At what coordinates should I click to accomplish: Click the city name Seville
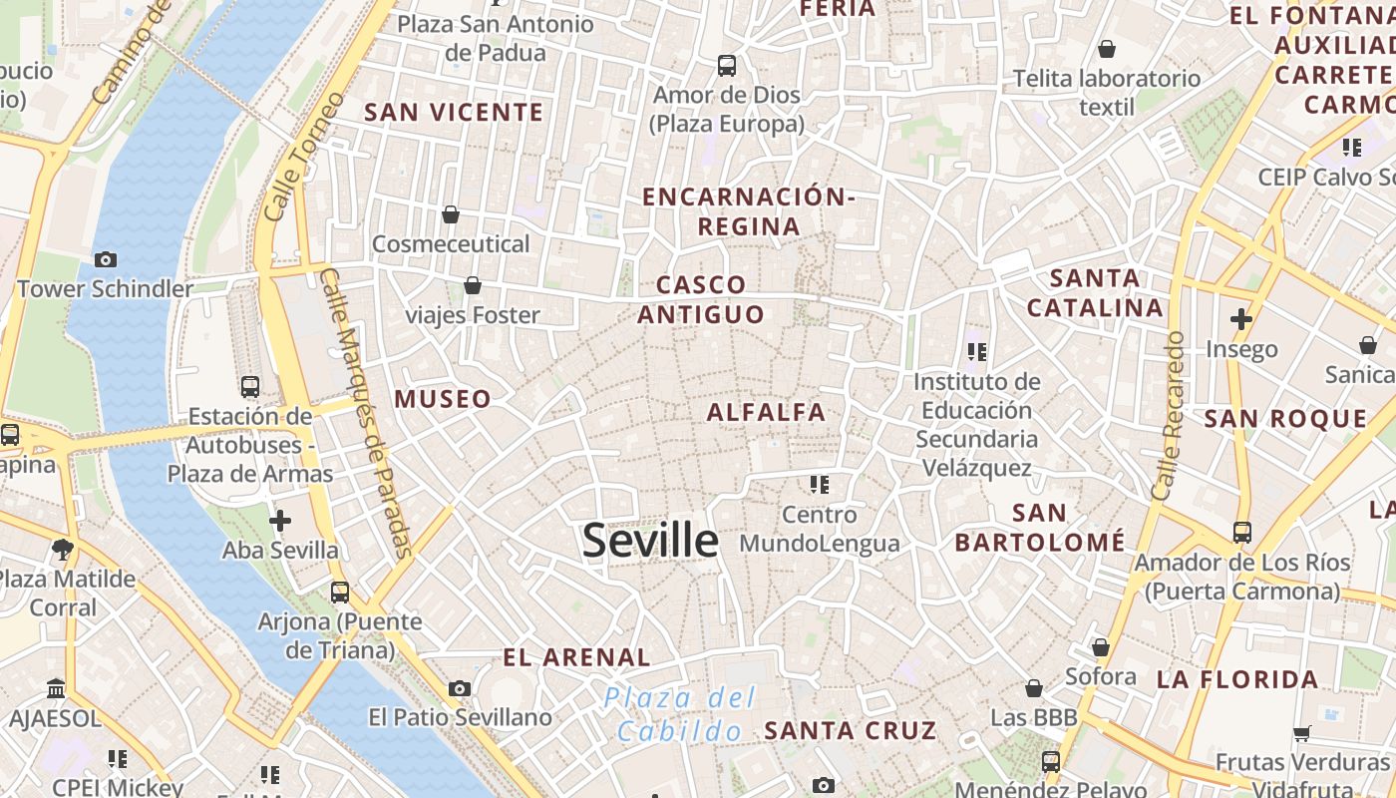[x=650, y=541]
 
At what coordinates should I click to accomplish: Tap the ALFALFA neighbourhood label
[x=766, y=412]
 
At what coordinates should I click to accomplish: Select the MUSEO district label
[x=443, y=400]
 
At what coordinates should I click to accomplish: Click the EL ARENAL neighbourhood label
[x=576, y=657]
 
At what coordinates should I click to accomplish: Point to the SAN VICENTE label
[x=454, y=113]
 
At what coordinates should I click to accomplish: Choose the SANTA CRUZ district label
[x=851, y=730]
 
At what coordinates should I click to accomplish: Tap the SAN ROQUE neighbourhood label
[x=1285, y=419]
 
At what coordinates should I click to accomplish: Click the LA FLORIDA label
[x=1237, y=680]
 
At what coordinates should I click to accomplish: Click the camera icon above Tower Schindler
[x=105, y=259]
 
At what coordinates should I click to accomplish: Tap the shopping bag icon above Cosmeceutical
[x=451, y=214]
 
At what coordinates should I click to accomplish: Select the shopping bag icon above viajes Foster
[x=473, y=286]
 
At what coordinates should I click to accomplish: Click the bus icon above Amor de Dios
[x=727, y=66]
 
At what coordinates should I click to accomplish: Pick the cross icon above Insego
[x=1241, y=319]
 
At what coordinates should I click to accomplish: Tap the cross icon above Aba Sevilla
[x=280, y=520]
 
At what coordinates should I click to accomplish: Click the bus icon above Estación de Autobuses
[x=250, y=386]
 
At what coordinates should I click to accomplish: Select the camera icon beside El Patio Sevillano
[x=460, y=688]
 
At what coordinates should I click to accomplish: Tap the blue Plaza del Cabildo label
[x=680, y=714]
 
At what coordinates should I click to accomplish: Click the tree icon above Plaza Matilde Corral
[x=62, y=548]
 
